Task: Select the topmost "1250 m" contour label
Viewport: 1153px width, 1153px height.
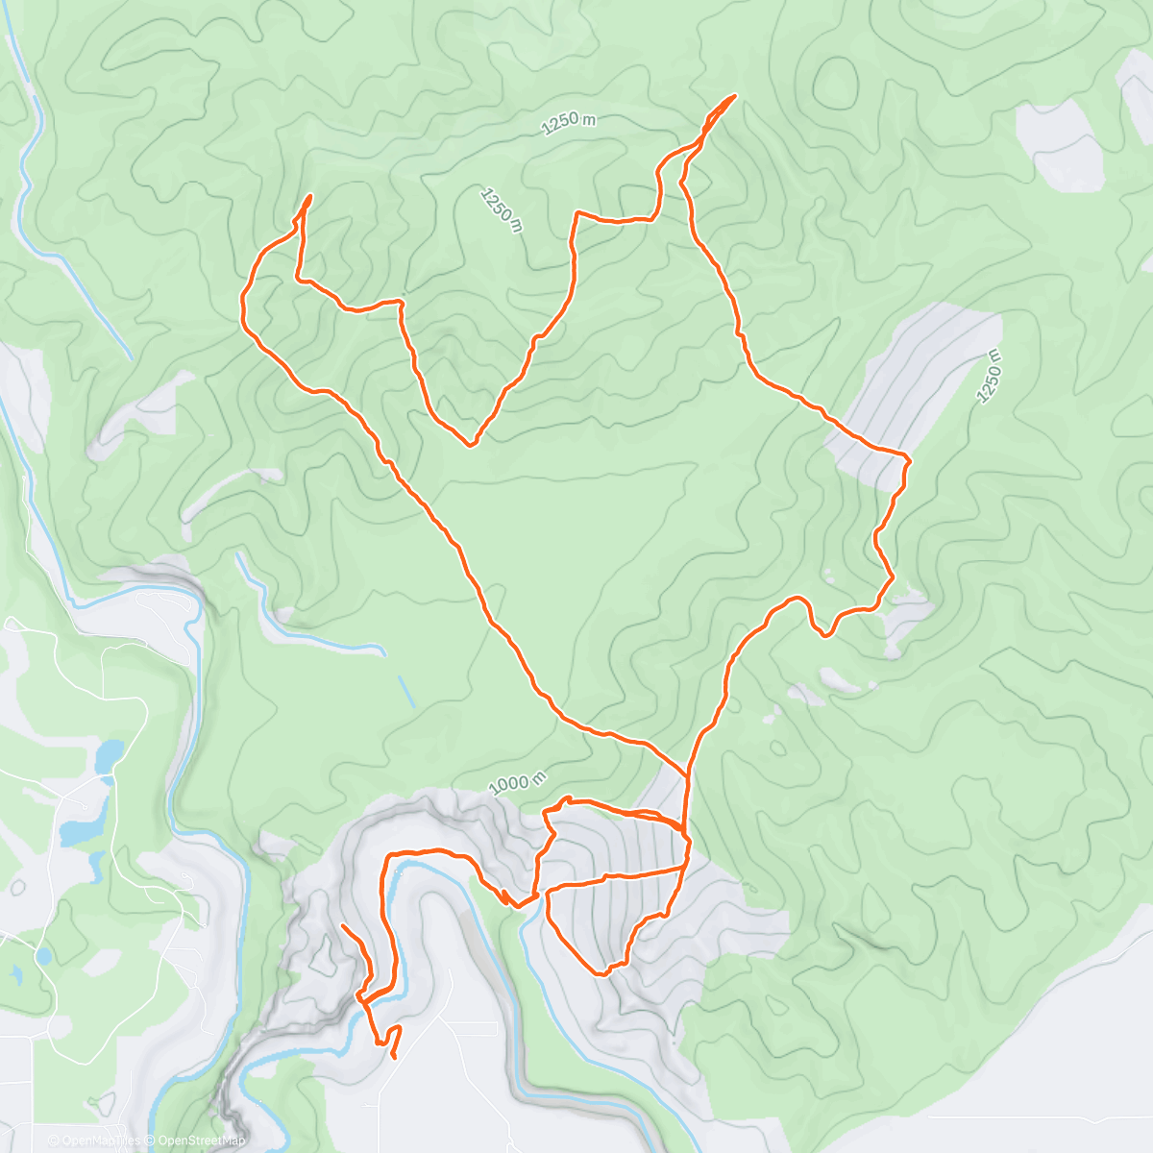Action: (568, 122)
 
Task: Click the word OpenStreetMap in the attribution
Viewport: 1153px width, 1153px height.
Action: (201, 1141)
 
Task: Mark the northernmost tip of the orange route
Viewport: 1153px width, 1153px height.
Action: (735, 95)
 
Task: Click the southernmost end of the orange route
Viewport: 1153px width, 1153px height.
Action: (394, 1057)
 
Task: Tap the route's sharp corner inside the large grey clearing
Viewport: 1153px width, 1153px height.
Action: (908, 457)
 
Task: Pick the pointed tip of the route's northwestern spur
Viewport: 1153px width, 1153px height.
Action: (310, 196)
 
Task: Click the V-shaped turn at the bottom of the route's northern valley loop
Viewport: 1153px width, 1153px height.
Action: (471, 445)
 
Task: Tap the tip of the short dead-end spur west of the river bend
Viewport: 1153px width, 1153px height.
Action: (343, 925)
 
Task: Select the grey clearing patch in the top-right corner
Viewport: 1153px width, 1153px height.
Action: (1062, 144)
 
